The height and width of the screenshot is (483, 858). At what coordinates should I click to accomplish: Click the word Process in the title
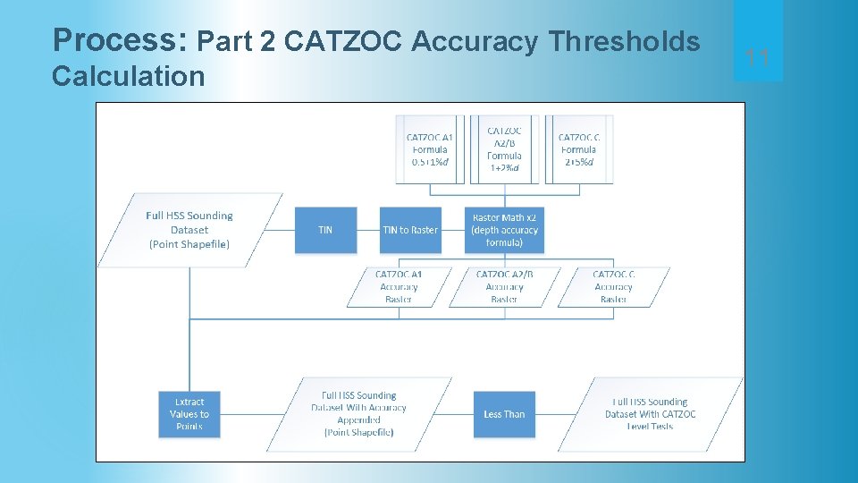click(x=120, y=40)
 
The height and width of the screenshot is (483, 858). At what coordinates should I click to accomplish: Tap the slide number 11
click(x=758, y=59)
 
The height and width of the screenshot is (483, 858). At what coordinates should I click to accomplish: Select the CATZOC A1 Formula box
click(x=430, y=148)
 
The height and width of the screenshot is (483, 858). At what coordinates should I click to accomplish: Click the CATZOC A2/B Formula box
click(x=505, y=148)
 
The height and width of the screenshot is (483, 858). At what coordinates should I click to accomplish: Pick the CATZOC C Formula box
click(x=578, y=148)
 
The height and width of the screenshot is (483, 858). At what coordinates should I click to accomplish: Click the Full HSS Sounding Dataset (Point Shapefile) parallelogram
click(x=189, y=230)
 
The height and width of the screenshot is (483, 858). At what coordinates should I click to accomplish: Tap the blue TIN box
click(x=325, y=230)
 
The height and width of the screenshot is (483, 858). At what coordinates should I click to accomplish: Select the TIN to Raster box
click(x=410, y=230)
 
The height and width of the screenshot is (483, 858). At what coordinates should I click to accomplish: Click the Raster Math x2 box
click(x=505, y=230)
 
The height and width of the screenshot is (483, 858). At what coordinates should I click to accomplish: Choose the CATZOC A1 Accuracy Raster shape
click(x=399, y=287)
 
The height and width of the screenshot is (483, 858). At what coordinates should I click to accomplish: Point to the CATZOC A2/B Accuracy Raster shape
click(x=504, y=287)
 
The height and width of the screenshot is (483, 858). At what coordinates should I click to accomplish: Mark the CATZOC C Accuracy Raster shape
click(x=613, y=287)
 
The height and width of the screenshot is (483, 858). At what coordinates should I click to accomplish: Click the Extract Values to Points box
click(x=189, y=414)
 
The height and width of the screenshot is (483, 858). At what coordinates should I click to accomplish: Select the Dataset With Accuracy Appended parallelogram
click(x=358, y=414)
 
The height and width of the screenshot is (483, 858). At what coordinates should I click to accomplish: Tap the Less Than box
click(x=504, y=414)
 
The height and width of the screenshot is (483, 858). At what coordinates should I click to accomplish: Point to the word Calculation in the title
click(x=128, y=76)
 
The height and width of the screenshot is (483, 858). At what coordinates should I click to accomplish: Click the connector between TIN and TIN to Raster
click(x=368, y=230)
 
